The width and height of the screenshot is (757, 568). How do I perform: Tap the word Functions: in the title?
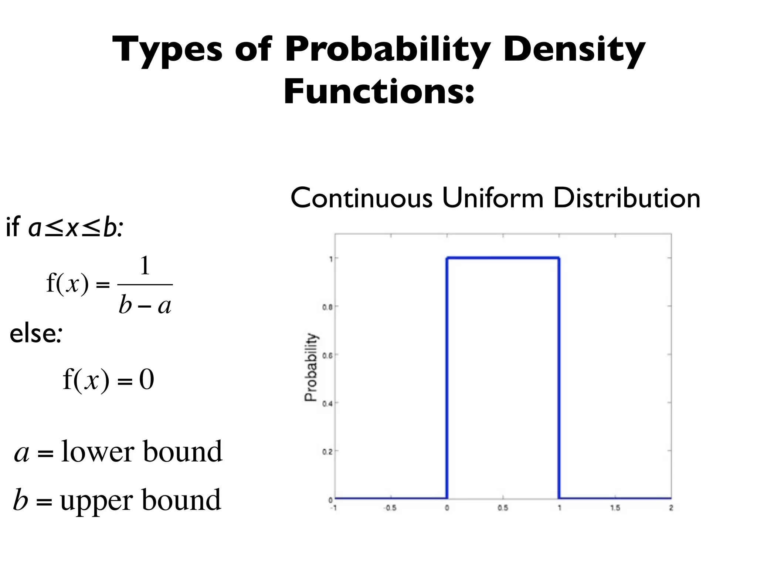tap(378, 92)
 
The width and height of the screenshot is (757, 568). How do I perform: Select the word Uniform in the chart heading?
tap(492, 198)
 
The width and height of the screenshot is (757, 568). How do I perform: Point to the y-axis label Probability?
tap(311, 367)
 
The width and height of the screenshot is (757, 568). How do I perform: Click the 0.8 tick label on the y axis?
tap(327, 307)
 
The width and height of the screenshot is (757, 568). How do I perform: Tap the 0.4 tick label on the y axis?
tap(327, 403)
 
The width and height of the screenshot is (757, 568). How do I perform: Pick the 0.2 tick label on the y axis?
tap(327, 452)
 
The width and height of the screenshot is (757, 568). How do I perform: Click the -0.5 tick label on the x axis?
tap(390, 508)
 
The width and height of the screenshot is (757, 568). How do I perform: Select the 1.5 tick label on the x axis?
tap(615, 508)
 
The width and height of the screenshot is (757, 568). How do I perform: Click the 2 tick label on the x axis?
tap(671, 508)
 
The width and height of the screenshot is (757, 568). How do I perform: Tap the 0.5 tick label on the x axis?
tap(503, 508)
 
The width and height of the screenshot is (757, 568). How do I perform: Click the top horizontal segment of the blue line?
tap(503, 258)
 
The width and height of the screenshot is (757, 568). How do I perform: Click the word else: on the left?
tap(35, 334)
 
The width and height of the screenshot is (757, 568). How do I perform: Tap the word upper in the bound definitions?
tap(97, 500)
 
